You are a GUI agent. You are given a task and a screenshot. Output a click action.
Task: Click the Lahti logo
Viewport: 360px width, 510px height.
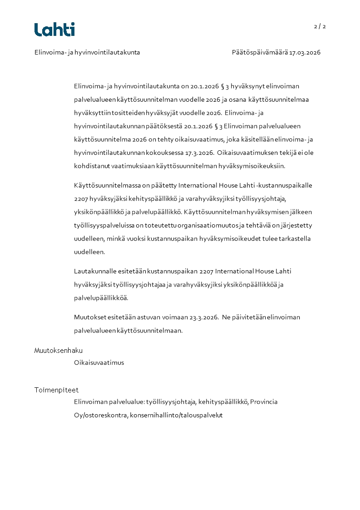click(54, 30)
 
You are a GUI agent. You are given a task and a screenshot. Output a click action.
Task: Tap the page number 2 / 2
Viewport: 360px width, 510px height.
click(320, 26)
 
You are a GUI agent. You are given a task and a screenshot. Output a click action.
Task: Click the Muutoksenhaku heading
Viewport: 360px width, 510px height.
click(59, 351)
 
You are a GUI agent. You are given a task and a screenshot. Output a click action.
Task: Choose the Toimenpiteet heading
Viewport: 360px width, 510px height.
click(56, 390)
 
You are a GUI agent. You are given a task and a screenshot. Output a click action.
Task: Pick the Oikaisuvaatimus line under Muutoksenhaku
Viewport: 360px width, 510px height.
click(99, 362)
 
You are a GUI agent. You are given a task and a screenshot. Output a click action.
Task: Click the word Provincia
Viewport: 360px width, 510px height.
click(264, 402)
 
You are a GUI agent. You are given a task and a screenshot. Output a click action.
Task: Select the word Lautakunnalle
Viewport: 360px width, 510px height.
click(93, 271)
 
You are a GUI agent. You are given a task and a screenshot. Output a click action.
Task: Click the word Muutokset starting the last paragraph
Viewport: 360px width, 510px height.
click(90, 317)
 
